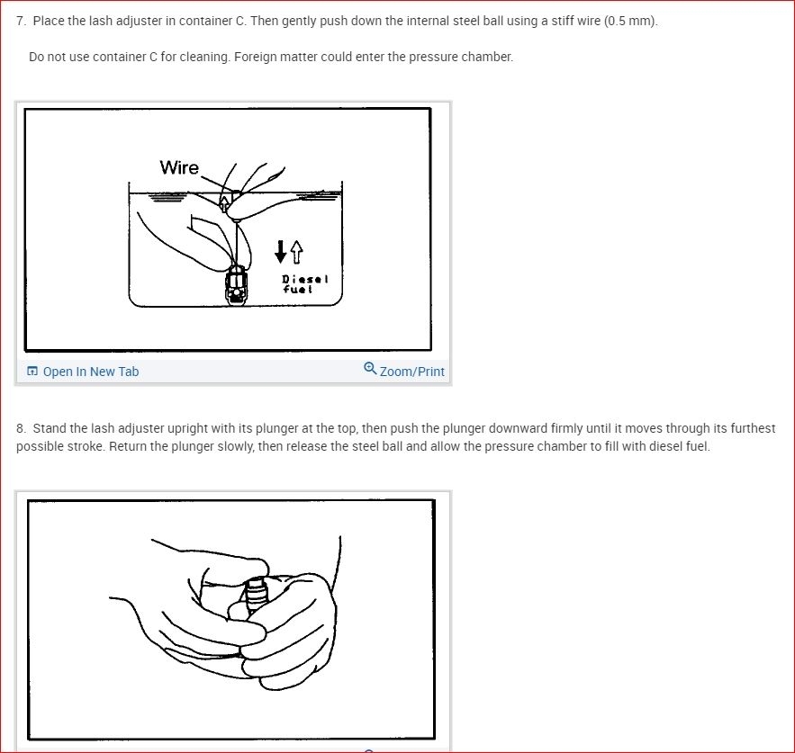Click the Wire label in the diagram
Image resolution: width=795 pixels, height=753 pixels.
(x=179, y=167)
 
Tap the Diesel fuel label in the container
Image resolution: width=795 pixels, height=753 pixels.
(x=305, y=284)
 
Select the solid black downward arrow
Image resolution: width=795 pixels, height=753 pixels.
(x=280, y=251)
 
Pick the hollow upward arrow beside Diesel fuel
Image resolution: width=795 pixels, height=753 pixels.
(x=296, y=252)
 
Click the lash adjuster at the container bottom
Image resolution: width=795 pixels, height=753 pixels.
(x=236, y=285)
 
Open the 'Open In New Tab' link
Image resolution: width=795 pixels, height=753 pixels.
(x=91, y=372)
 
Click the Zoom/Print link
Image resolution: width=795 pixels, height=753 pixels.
(x=411, y=372)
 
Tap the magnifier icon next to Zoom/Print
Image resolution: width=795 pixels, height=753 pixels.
(x=371, y=368)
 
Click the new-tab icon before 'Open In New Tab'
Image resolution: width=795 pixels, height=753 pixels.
(x=32, y=372)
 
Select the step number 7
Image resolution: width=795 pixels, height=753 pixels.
(x=21, y=21)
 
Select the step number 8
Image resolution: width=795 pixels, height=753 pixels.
(x=21, y=428)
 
